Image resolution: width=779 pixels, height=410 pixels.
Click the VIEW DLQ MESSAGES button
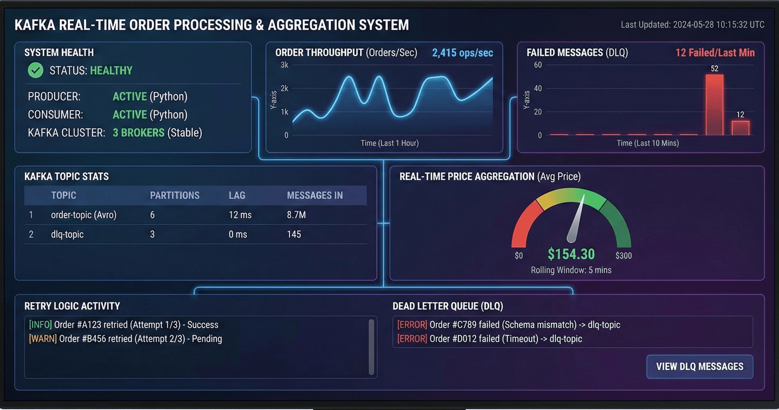(699, 367)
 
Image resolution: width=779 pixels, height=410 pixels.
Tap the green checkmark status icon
(36, 71)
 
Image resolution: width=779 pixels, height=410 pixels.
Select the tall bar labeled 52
(714, 105)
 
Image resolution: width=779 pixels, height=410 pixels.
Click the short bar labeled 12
(740, 127)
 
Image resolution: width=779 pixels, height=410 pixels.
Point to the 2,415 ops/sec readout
(462, 53)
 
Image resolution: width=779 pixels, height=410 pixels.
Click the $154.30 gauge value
(571, 254)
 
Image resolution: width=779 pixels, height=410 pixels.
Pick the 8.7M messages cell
(296, 215)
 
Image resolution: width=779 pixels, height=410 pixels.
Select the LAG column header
(237, 195)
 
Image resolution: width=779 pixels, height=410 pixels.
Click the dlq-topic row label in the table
(67, 234)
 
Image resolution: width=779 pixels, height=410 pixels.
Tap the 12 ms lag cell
(240, 215)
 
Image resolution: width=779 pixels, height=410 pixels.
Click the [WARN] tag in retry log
(43, 339)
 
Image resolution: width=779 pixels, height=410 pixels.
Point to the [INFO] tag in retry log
(40, 325)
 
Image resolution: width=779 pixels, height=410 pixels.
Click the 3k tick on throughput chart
(284, 65)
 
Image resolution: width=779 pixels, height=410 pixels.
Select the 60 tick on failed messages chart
(538, 65)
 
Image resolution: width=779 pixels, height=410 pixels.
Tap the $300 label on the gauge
(623, 255)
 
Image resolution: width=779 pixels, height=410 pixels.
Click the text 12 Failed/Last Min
(715, 53)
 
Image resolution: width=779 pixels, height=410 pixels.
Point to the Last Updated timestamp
(692, 25)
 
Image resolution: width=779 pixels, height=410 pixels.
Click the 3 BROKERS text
(138, 133)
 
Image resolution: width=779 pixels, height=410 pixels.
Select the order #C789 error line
(508, 325)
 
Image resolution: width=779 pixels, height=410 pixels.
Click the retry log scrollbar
(371, 347)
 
